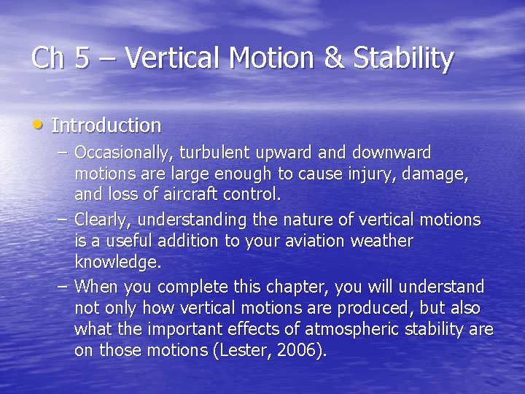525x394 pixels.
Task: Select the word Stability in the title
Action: pos(403,58)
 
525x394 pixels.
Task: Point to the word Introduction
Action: pos(106,125)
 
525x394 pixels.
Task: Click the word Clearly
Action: pos(102,220)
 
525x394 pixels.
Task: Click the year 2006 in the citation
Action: pos(297,350)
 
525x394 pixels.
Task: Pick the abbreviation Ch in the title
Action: pos(48,58)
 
